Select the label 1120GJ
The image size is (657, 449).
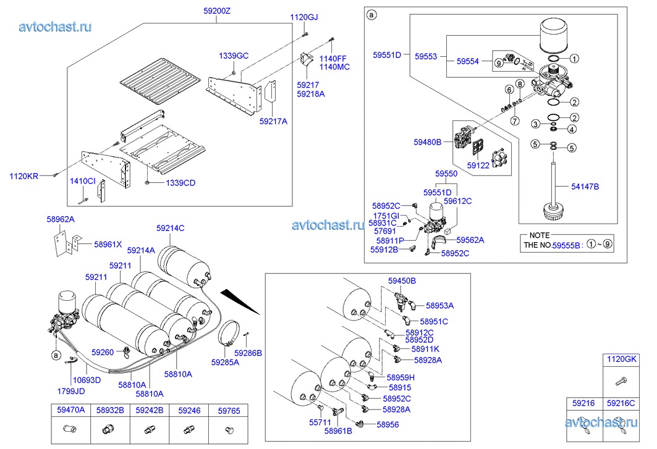tap(304, 17)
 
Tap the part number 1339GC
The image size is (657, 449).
tap(234, 56)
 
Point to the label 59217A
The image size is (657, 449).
tap(274, 121)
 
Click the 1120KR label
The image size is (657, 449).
tap(23, 176)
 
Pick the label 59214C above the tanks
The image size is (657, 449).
tap(170, 229)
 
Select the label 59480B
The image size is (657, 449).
tap(428, 142)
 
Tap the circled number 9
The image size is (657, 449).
tap(498, 61)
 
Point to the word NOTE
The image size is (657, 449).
tap(540, 236)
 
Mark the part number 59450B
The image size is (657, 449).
tap(402, 281)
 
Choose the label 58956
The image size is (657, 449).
tap(388, 425)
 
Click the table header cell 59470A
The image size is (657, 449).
tap(70, 410)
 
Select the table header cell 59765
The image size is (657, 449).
tap(229, 410)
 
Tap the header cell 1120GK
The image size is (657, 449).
tap(621, 359)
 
